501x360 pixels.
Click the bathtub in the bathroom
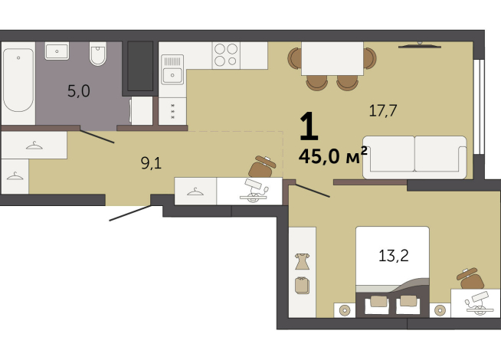click(18, 80)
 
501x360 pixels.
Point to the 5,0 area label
click(78, 91)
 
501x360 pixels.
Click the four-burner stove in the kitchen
click(225, 55)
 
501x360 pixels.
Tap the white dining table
click(332, 58)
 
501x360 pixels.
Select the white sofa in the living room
click(414, 157)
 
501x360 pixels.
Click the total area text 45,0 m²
click(332, 157)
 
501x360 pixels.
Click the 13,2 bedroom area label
click(392, 255)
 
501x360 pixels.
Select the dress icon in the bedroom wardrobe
click(302, 260)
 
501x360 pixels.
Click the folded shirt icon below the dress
click(302, 285)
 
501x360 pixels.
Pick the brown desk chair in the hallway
click(264, 166)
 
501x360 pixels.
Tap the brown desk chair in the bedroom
click(468, 277)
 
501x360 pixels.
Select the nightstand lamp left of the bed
click(344, 310)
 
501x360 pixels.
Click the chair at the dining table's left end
click(294, 58)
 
